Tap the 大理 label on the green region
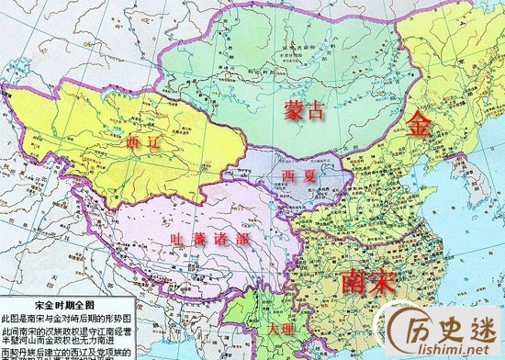point(282,328)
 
